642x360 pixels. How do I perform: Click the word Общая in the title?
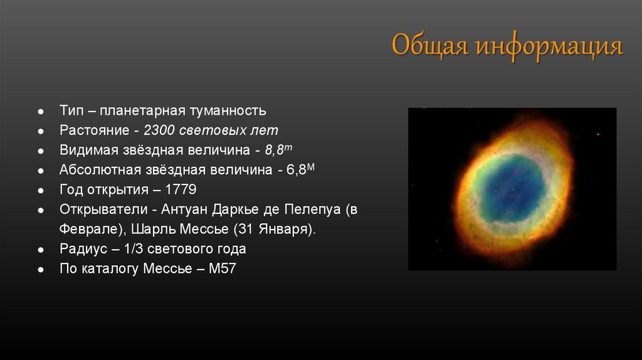tap(429, 45)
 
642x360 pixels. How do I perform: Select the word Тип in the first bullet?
tap(71, 110)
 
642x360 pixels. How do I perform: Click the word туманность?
tap(228, 110)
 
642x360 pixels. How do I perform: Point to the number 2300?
tap(159, 130)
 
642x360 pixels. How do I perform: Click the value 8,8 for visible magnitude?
tap(275, 151)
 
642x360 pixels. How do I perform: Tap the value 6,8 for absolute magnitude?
tap(296, 170)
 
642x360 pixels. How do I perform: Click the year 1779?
tap(181, 189)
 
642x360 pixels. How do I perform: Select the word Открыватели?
tap(103, 209)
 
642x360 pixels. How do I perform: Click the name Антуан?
tap(184, 209)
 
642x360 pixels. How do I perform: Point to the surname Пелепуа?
tap(312, 209)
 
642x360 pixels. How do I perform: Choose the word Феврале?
tap(90, 229)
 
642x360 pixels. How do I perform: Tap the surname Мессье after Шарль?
tap(205, 229)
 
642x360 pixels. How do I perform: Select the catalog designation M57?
tap(223, 268)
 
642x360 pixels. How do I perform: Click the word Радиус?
tap(83, 249)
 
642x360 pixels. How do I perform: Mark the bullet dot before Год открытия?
tap(41, 191)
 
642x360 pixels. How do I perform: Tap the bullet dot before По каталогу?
tap(41, 270)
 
